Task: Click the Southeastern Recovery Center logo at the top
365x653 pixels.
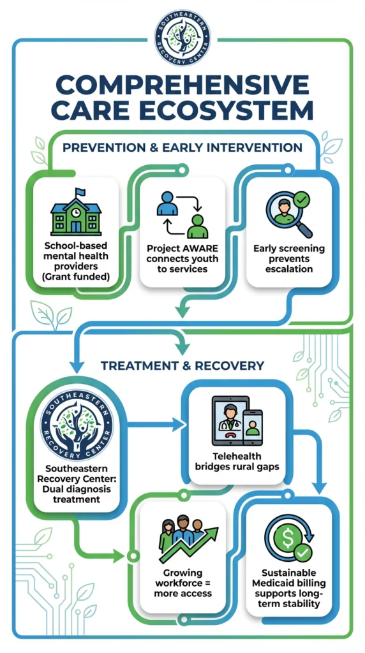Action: coord(183,37)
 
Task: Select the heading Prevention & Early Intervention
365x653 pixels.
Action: coord(182,148)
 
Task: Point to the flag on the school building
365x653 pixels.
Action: coord(80,191)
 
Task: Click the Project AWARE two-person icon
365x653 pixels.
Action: coord(182,215)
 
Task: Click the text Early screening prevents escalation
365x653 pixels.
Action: coord(288,259)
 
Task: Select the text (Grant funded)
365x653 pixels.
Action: coord(76,277)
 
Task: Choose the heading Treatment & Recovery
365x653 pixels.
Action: coord(182,365)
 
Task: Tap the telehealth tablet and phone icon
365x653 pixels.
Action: coord(237,421)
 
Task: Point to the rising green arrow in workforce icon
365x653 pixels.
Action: coord(198,543)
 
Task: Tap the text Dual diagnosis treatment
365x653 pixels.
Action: coord(77,494)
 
